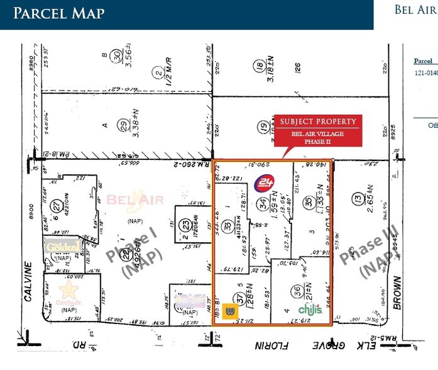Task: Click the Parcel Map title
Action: (x=59, y=13)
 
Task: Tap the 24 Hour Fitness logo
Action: (x=263, y=184)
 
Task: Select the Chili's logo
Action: (x=310, y=310)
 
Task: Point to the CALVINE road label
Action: (x=28, y=280)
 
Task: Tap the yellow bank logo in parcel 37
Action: (x=230, y=311)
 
